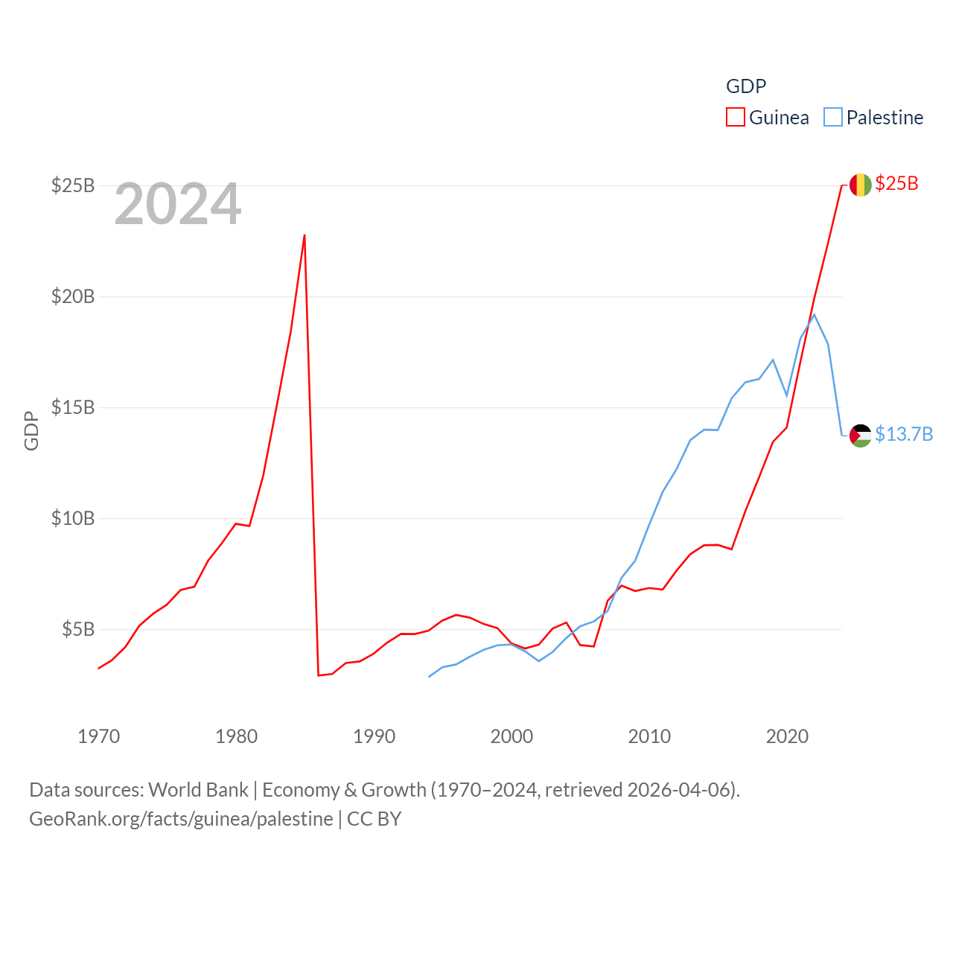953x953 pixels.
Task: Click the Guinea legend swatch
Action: pyautogui.click(x=736, y=118)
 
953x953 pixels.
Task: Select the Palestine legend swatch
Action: pyautogui.click(x=833, y=118)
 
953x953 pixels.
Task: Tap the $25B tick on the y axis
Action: pyautogui.click(x=73, y=185)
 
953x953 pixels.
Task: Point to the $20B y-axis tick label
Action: pyautogui.click(x=73, y=296)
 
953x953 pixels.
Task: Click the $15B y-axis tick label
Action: pyautogui.click(x=73, y=407)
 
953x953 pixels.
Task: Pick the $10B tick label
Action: pyautogui.click(x=73, y=518)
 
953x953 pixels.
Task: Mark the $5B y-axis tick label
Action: pyautogui.click(x=78, y=629)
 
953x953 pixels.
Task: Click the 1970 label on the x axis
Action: pyautogui.click(x=99, y=736)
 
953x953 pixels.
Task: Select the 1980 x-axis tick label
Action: pyautogui.click(x=237, y=736)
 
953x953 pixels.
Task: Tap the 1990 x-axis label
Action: pyautogui.click(x=374, y=736)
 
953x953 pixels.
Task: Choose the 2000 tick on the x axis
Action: pyautogui.click(x=512, y=736)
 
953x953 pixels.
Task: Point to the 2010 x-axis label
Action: pyautogui.click(x=650, y=736)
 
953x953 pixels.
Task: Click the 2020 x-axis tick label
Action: pyautogui.click(x=788, y=736)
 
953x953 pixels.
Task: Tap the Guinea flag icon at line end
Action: pyautogui.click(x=861, y=185)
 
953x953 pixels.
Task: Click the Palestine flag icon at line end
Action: pyautogui.click(x=861, y=436)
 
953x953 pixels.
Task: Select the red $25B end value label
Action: pyautogui.click(x=897, y=183)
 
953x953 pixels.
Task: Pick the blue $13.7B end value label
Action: pyautogui.click(x=904, y=434)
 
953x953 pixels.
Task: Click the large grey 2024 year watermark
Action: pyautogui.click(x=178, y=204)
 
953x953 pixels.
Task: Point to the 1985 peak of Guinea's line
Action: pyautogui.click(x=305, y=235)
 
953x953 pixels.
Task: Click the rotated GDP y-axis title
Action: pyautogui.click(x=31, y=430)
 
